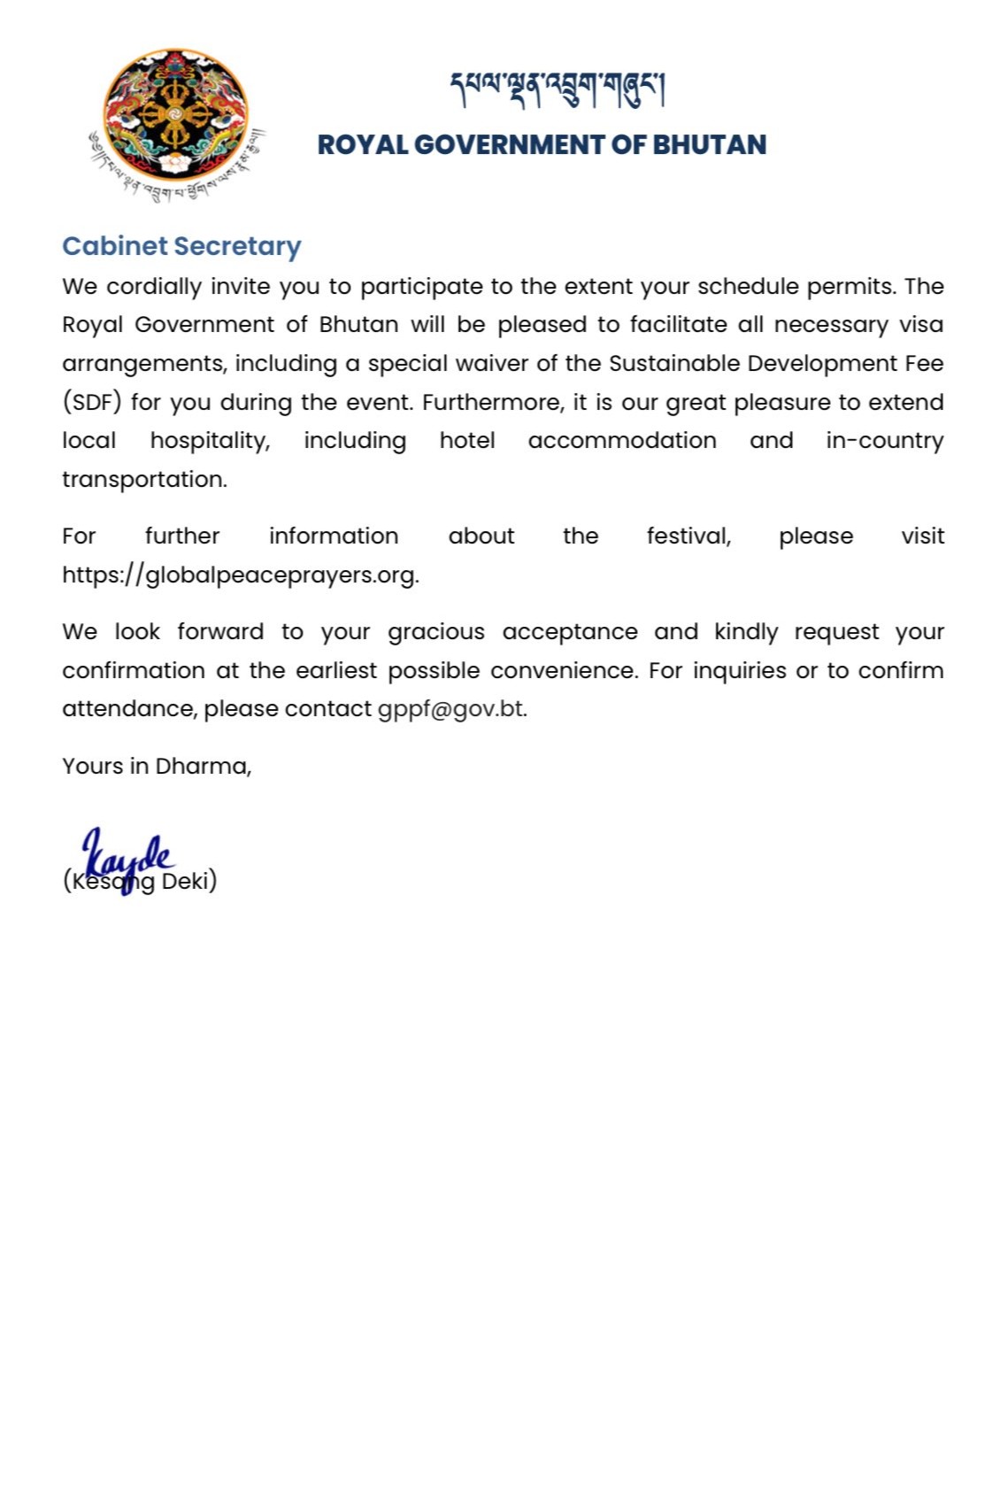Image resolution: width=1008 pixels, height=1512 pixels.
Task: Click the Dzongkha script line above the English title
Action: (x=558, y=89)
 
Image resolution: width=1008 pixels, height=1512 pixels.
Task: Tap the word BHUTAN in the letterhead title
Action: (x=709, y=145)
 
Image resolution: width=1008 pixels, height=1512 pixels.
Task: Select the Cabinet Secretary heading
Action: (x=181, y=246)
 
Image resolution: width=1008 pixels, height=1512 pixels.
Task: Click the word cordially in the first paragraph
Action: (x=154, y=287)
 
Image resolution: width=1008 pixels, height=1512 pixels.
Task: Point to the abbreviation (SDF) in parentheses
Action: (x=91, y=403)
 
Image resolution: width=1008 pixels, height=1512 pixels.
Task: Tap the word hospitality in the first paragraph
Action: (x=210, y=441)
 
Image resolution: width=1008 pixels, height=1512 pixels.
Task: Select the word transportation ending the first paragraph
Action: (x=144, y=480)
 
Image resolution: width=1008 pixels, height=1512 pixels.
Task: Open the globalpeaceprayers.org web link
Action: (x=240, y=575)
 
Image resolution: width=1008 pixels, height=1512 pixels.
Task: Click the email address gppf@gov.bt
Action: (x=451, y=710)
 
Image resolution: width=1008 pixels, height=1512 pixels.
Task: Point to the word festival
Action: (x=689, y=536)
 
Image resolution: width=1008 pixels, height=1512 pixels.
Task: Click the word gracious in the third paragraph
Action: (x=436, y=632)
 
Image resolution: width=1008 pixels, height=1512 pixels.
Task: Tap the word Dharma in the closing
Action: (x=203, y=767)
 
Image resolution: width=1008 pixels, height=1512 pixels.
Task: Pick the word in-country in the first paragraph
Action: (x=885, y=441)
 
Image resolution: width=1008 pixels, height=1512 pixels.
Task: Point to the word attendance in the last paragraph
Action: (x=129, y=710)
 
